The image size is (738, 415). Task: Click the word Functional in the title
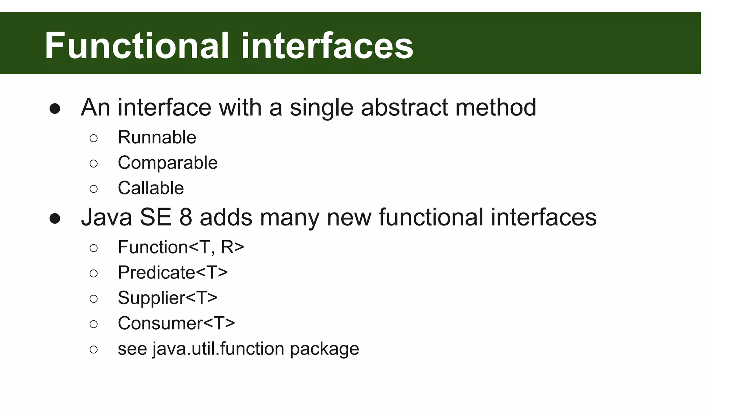(x=137, y=46)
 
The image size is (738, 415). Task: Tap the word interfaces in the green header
(x=327, y=46)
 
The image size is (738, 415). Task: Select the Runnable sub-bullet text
(x=157, y=138)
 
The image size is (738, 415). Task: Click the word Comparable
(x=168, y=163)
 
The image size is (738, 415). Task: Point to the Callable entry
(x=151, y=188)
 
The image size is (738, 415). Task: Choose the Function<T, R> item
(x=181, y=247)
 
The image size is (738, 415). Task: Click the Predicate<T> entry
(x=173, y=273)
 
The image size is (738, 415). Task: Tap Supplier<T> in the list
(x=168, y=298)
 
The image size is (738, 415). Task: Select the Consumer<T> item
(x=176, y=323)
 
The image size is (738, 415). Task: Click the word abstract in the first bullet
(x=404, y=107)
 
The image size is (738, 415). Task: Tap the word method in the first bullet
(x=496, y=107)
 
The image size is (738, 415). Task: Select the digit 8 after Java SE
(x=186, y=218)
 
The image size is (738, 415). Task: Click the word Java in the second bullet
(x=106, y=218)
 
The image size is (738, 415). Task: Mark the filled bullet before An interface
(x=55, y=109)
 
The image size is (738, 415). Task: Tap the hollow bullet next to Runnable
(x=93, y=138)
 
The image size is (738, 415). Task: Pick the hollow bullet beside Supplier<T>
(x=93, y=299)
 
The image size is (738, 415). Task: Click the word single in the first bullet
(x=321, y=108)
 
